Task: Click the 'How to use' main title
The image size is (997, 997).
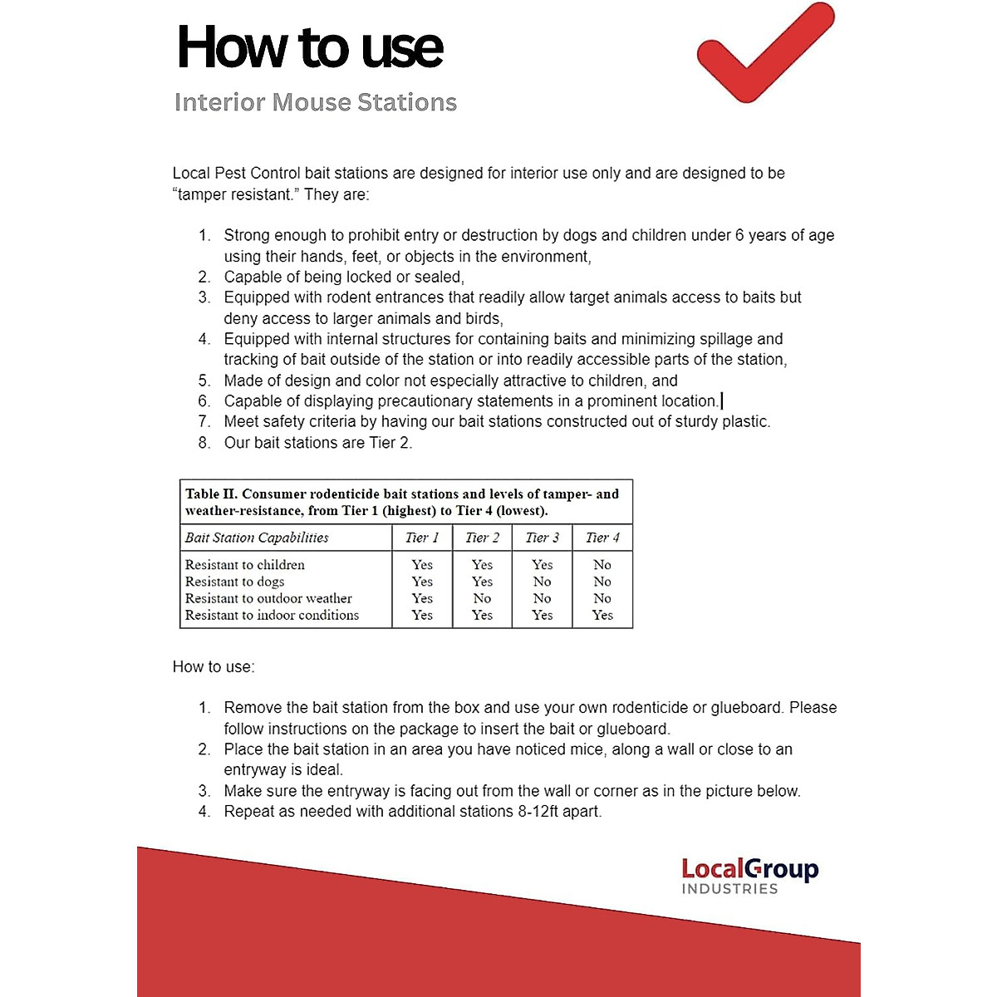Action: point(310,47)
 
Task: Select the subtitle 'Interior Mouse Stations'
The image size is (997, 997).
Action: point(316,102)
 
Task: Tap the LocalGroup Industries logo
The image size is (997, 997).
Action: point(749,876)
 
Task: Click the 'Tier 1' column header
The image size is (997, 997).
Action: point(422,538)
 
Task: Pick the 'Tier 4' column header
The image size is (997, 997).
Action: point(602,538)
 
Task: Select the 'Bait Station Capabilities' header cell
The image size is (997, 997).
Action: point(257,538)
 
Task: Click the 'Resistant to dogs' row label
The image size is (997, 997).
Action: point(234,582)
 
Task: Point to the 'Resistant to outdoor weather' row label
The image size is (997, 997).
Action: point(268,598)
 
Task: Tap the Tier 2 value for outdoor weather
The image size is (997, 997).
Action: point(482,598)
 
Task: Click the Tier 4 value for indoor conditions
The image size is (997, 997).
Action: point(602,615)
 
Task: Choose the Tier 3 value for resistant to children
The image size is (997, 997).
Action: point(542,565)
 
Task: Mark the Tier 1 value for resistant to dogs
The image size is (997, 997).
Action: point(422,582)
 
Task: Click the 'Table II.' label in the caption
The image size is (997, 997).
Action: point(211,494)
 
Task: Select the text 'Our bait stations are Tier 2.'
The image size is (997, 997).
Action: point(318,443)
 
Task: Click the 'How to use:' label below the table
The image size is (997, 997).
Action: point(214,667)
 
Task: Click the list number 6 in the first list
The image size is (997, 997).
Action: point(204,401)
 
